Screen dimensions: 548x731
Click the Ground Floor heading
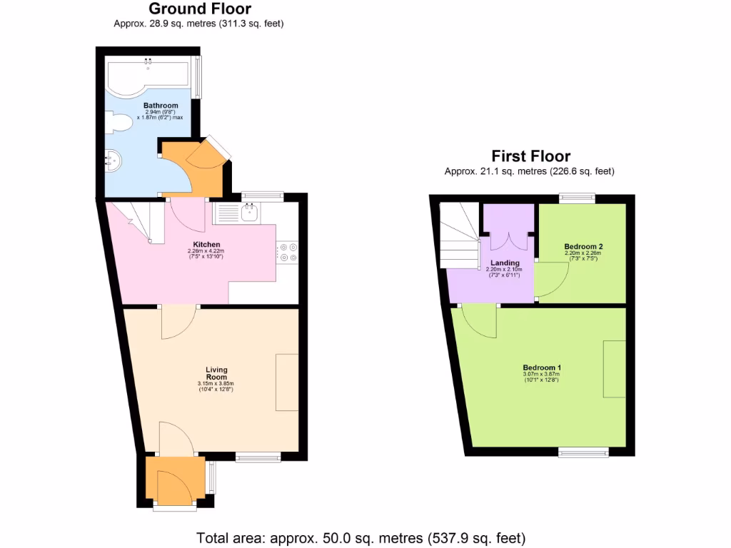(x=199, y=9)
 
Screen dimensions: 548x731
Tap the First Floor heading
(x=530, y=156)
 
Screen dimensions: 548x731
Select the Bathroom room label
(x=161, y=106)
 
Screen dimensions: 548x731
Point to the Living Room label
(x=216, y=373)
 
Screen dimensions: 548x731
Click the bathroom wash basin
(x=113, y=161)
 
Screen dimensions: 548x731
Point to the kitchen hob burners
(x=289, y=252)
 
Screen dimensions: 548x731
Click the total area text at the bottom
(x=361, y=537)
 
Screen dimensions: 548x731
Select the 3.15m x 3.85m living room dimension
(x=216, y=385)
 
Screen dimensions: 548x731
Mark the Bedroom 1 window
(x=583, y=452)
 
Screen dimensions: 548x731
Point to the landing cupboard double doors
(x=508, y=240)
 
